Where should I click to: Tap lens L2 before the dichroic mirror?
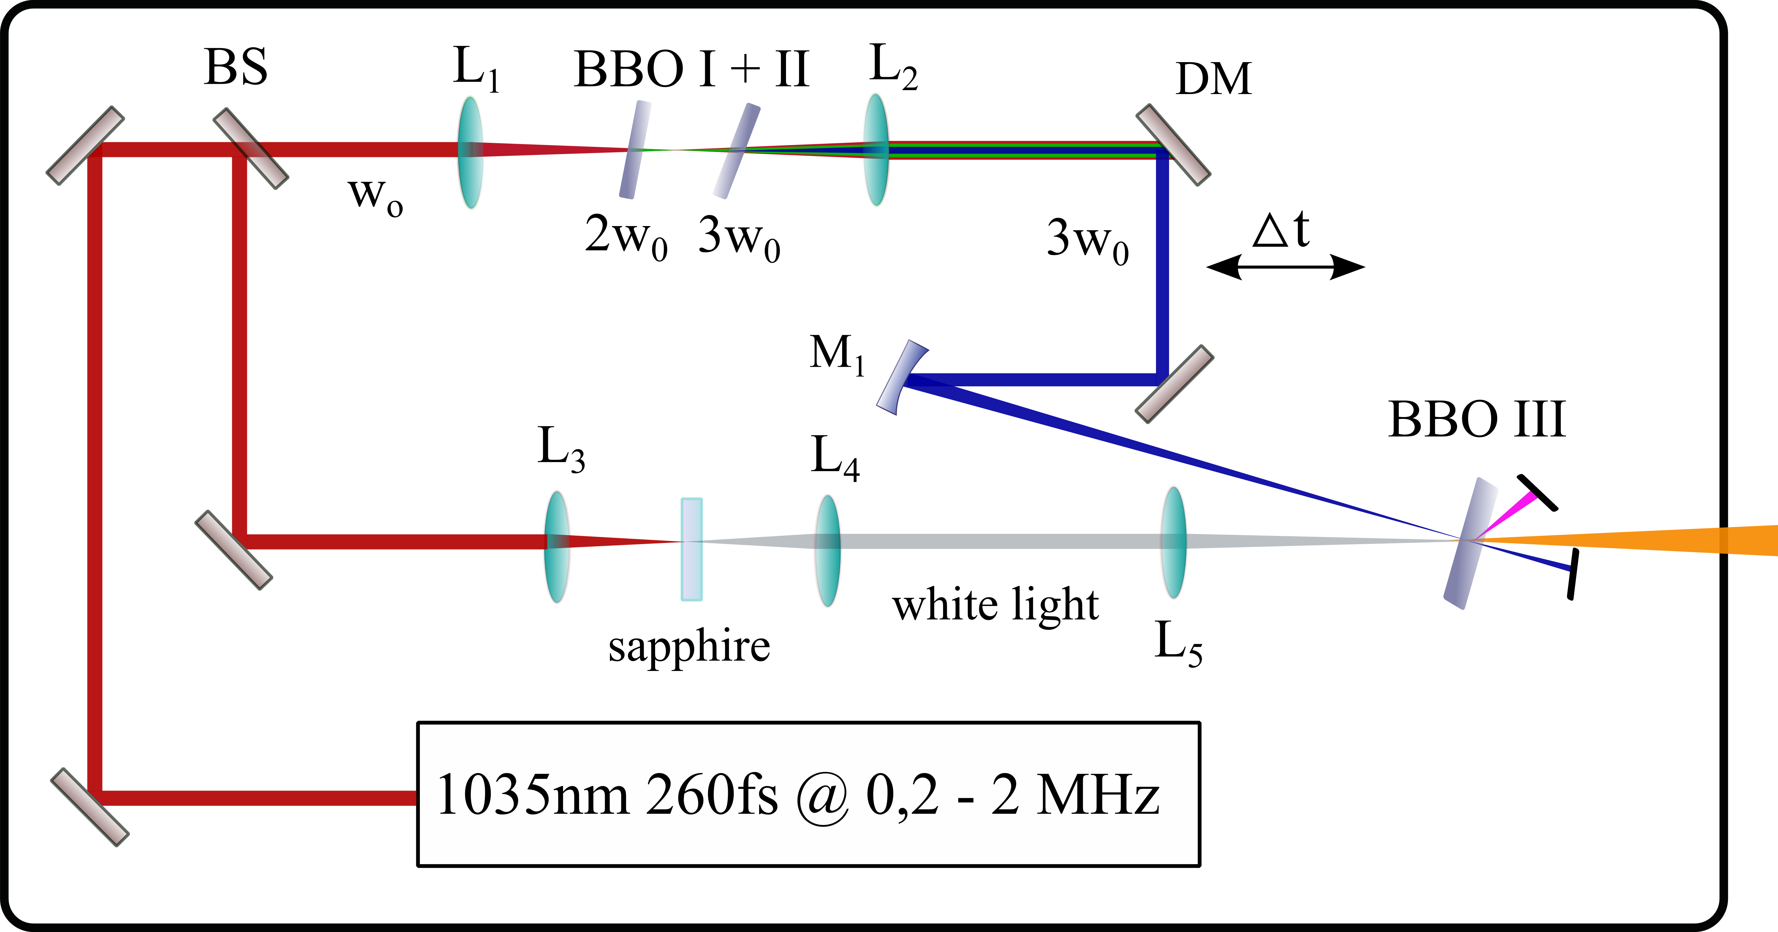[x=876, y=150]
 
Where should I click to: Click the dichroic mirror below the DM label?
[x=1173, y=145]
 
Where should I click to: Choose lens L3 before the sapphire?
[x=556, y=546]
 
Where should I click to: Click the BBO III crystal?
[x=1470, y=543]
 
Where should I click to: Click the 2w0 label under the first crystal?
[x=625, y=237]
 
